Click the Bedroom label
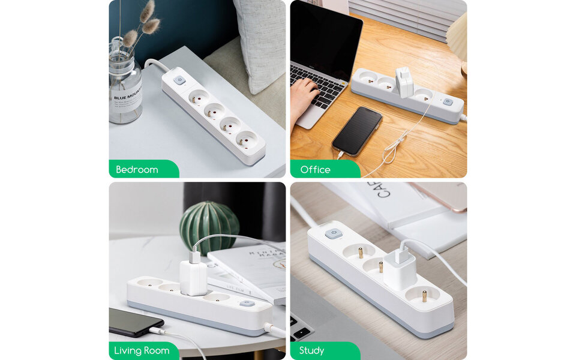pyautogui.click(x=137, y=170)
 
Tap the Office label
pyautogui.click(x=316, y=170)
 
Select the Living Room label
pyautogui.click(x=142, y=350)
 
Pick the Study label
pyautogui.click(x=311, y=350)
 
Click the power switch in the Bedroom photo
pyautogui.click(x=179, y=80)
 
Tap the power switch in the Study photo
pyautogui.click(x=334, y=233)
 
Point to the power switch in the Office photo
pyautogui.click(x=448, y=102)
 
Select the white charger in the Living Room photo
pyautogui.click(x=193, y=275)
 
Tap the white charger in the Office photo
pyautogui.click(x=404, y=82)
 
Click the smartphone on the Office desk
pyautogui.click(x=357, y=131)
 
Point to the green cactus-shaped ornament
pyautogui.click(x=209, y=227)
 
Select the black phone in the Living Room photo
pyautogui.click(x=135, y=322)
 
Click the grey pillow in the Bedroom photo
pyautogui.click(x=260, y=42)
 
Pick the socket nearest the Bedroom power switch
pyautogui.click(x=198, y=97)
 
